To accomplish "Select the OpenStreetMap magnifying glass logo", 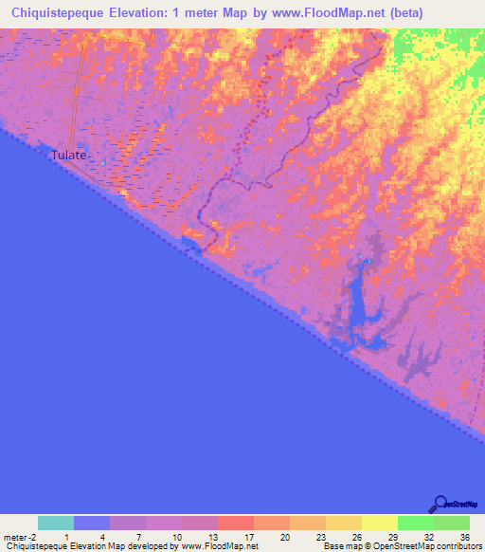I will (440, 504).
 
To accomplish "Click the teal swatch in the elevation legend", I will (56, 523).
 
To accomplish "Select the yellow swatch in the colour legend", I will (379, 523).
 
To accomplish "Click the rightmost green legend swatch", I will (451, 523).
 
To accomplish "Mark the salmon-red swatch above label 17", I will (235, 523).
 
